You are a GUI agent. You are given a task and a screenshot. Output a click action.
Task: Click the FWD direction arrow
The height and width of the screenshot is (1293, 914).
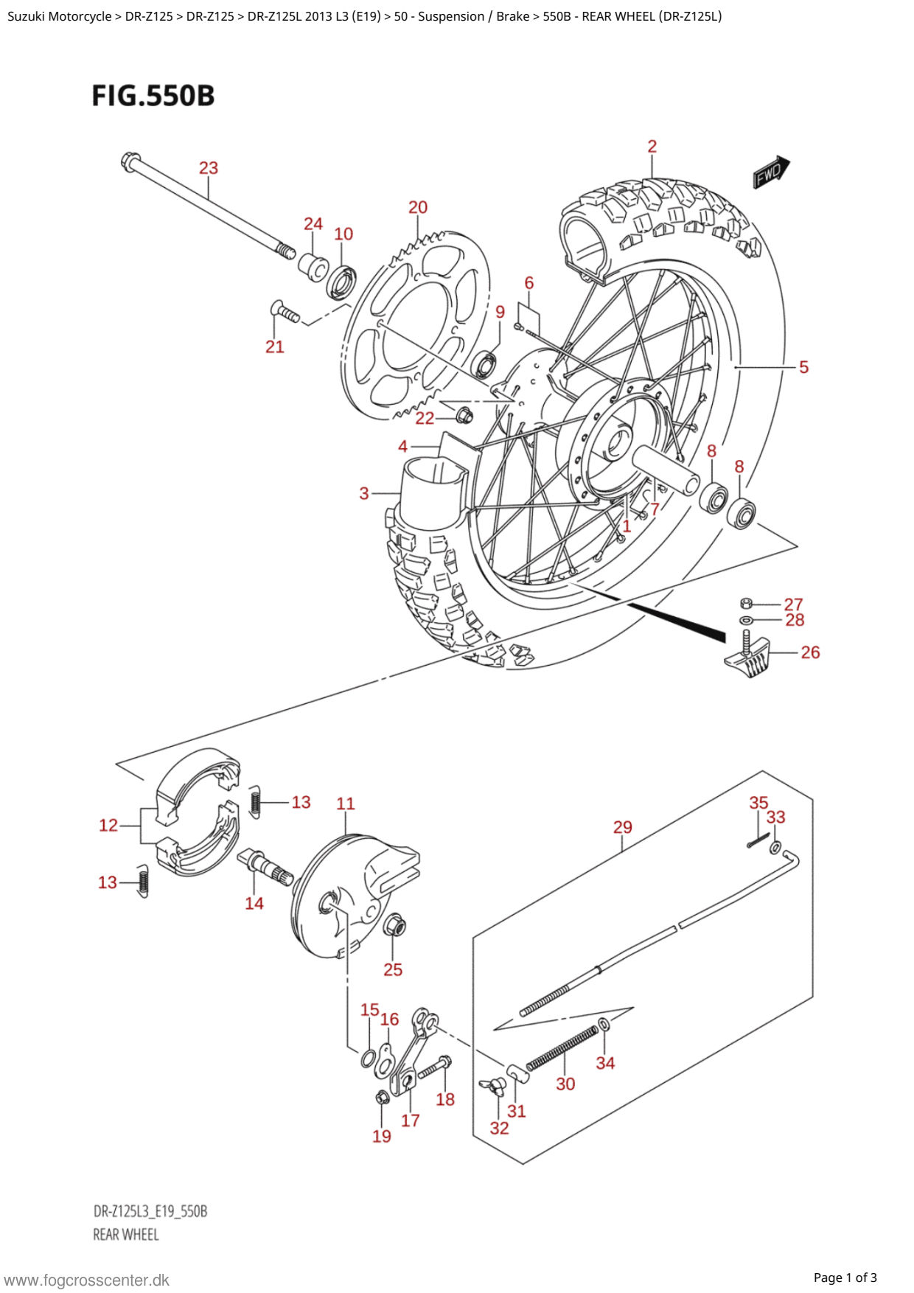[x=771, y=172]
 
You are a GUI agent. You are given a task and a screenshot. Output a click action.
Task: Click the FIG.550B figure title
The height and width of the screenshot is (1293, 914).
[x=153, y=96]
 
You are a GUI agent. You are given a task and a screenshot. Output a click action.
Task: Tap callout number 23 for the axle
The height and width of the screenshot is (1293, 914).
[x=209, y=168]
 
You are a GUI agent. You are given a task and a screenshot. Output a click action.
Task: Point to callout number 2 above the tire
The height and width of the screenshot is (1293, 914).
[x=652, y=147]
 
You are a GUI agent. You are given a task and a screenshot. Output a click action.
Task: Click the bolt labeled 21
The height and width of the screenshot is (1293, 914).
[x=285, y=313]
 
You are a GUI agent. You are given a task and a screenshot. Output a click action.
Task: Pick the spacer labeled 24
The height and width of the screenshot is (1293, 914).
[x=313, y=265]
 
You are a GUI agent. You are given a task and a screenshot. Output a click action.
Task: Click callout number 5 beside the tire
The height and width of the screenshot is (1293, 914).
[x=804, y=367]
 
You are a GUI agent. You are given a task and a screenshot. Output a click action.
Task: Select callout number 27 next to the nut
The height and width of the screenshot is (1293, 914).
[x=793, y=604]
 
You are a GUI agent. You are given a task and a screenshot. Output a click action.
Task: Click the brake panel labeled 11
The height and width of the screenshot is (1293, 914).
[x=354, y=896]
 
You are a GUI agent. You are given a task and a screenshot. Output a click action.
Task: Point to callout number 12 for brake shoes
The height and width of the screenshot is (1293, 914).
[x=108, y=826]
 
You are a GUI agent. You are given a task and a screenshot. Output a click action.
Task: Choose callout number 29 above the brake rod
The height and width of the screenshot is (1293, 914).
[x=623, y=827]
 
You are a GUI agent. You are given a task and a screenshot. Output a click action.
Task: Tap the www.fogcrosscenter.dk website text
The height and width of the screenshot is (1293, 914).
[x=87, y=1280]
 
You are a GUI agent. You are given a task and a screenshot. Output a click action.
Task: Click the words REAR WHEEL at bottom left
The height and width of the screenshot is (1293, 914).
[x=126, y=1234]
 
